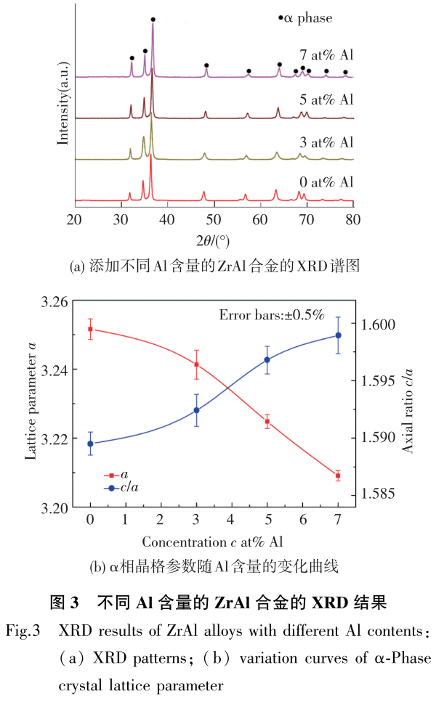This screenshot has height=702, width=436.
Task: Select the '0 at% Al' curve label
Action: coord(326,181)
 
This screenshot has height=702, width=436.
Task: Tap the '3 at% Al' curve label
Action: coord(326,142)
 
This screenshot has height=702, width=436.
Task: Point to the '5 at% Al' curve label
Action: coord(326,99)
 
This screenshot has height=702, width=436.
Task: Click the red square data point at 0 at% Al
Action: coord(90,329)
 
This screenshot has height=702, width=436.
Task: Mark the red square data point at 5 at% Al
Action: coord(267,421)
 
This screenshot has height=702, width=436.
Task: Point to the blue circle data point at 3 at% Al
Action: coord(196,411)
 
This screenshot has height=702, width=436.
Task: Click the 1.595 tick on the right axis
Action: coord(379,380)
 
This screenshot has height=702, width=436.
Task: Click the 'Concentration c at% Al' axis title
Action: coord(212,542)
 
